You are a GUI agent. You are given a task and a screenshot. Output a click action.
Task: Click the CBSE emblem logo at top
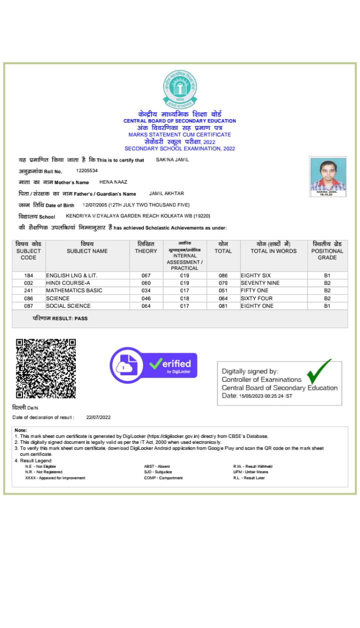[x=180, y=89]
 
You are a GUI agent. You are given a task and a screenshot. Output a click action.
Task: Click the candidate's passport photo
[x=328, y=177]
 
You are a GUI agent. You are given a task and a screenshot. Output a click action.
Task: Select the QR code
[x=45, y=368]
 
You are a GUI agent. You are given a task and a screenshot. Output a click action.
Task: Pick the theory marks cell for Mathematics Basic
[x=146, y=291]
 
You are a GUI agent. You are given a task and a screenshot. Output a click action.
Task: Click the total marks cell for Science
[x=223, y=298]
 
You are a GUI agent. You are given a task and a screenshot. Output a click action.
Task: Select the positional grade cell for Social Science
[x=327, y=306]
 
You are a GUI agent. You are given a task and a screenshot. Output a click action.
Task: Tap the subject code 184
[x=28, y=276]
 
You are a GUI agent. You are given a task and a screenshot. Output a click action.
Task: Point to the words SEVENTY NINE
[x=260, y=283]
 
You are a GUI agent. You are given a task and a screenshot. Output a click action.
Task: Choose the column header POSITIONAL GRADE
[x=327, y=251]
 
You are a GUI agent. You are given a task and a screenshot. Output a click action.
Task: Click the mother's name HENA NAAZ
[x=113, y=182]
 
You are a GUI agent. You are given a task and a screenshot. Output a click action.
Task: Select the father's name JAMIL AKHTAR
[x=166, y=194]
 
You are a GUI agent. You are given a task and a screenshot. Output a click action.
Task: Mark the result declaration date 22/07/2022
[x=98, y=417]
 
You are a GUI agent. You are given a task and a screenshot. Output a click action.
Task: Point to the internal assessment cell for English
[x=184, y=276]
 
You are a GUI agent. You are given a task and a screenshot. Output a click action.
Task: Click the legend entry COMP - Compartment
[x=163, y=478]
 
